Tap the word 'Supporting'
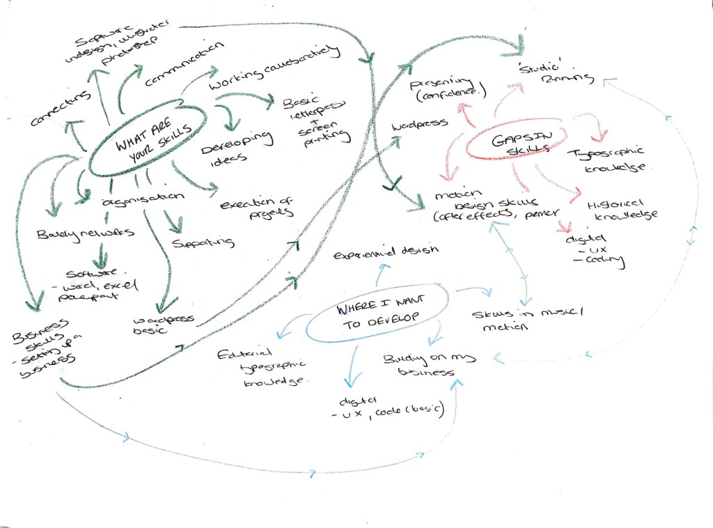click(x=203, y=243)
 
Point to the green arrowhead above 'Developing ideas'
click(x=232, y=125)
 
